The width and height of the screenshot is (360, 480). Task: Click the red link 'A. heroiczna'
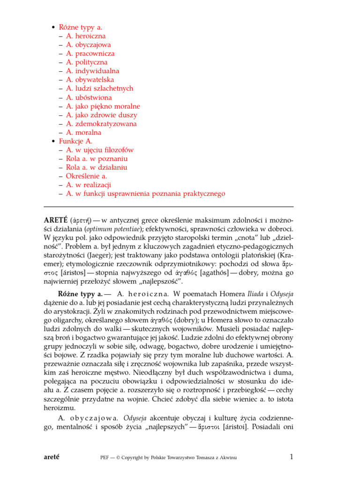pyautogui.click(x=86, y=36)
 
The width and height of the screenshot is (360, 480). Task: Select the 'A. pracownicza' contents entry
pyautogui.click(x=90, y=53)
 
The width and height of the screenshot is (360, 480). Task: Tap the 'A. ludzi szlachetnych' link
pyautogui.click(x=99, y=89)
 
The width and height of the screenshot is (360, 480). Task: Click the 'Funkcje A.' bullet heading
pyautogui.click(x=75, y=141)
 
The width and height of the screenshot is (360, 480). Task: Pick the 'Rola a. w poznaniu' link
pyautogui.click(x=97, y=158)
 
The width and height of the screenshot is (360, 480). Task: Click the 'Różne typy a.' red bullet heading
pyautogui.click(x=80, y=27)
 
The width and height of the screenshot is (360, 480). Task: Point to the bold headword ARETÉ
pyautogui.click(x=55, y=220)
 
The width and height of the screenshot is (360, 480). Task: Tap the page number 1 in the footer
pyautogui.click(x=291, y=457)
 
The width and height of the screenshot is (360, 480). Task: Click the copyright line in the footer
pyautogui.click(x=169, y=457)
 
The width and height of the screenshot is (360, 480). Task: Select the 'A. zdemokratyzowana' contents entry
pyautogui.click(x=101, y=124)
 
